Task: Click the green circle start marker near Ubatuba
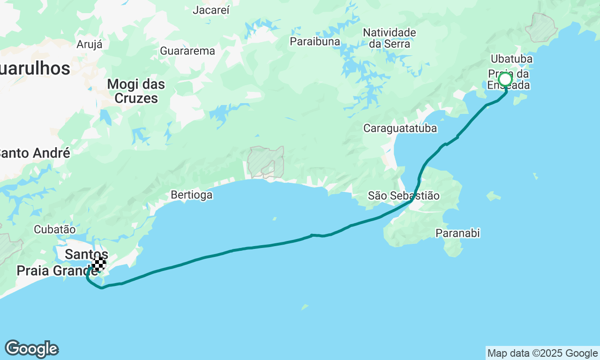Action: [505, 79]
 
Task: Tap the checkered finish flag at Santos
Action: [99, 264]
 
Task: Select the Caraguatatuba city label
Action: [400, 128]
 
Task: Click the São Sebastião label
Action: [404, 195]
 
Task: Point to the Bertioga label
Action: [191, 195]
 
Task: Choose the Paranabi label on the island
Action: [458, 233]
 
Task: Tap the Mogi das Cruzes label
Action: [136, 91]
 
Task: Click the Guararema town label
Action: [187, 51]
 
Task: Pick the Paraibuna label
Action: [315, 41]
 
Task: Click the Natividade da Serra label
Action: [390, 38]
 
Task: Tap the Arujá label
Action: [89, 45]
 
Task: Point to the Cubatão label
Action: [55, 229]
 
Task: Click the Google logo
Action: [31, 349]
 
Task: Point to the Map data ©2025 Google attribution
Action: [542, 353]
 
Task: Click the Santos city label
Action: [86, 255]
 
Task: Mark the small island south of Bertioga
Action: [274, 218]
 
